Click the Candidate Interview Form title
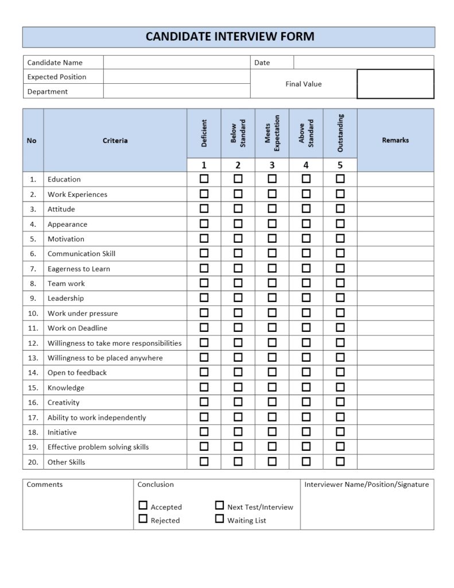[x=230, y=37]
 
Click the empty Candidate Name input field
[x=177, y=63]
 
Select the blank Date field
[x=363, y=63]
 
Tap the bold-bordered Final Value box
[x=395, y=84]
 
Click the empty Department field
[x=177, y=91]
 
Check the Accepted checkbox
[x=143, y=506]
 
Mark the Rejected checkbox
[x=143, y=519]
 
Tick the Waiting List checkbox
[x=219, y=519]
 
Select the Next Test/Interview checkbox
[x=219, y=506]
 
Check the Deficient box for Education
[x=204, y=179]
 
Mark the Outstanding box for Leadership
[x=340, y=298]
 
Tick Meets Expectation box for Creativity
[x=272, y=402]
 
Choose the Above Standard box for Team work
[x=306, y=283]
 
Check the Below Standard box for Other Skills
[x=238, y=462]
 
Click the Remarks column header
[x=395, y=140]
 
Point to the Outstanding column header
[x=340, y=133]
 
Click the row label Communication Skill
[x=82, y=254]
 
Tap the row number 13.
[x=33, y=358]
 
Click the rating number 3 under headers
[x=272, y=165]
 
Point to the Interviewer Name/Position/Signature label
[x=367, y=485]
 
